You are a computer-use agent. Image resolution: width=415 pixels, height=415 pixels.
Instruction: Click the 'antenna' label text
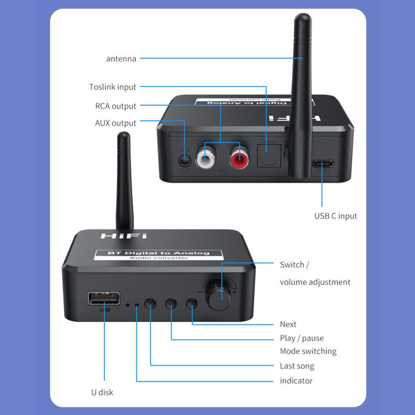click(x=121, y=59)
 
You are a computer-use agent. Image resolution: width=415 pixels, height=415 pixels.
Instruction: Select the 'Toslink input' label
click(x=113, y=87)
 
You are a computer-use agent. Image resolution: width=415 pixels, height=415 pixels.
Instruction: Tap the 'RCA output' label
click(x=116, y=106)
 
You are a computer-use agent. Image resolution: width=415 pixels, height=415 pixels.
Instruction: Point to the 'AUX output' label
click(x=116, y=123)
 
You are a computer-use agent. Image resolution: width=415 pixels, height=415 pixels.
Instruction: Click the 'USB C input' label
click(x=336, y=216)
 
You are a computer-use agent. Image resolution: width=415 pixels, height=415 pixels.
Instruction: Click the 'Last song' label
click(x=297, y=366)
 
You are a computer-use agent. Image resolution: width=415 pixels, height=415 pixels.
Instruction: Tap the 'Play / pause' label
click(x=301, y=338)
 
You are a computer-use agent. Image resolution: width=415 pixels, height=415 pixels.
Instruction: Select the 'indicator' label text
click(x=296, y=381)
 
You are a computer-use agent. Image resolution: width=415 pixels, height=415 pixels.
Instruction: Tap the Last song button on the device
click(x=150, y=304)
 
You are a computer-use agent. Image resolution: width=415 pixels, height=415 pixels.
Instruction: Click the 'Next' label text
click(x=288, y=324)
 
